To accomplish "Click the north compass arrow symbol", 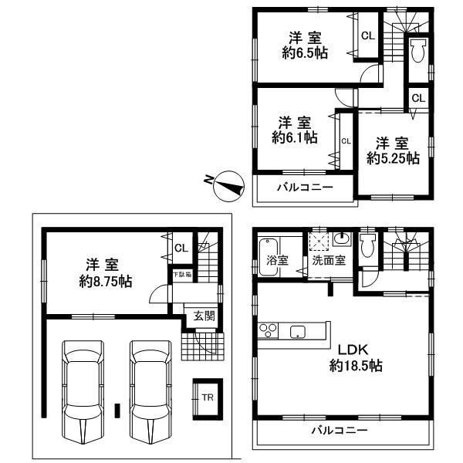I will (226, 182).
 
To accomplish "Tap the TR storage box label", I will (207, 398).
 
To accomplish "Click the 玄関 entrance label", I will (204, 315).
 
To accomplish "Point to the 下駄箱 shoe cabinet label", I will (180, 275).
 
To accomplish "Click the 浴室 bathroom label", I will (278, 260).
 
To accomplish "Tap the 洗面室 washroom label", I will (329, 261).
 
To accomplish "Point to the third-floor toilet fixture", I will (417, 52).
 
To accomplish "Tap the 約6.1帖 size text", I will (294, 137).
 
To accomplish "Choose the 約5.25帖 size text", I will (393, 157).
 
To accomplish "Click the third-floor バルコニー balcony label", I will (304, 188).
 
